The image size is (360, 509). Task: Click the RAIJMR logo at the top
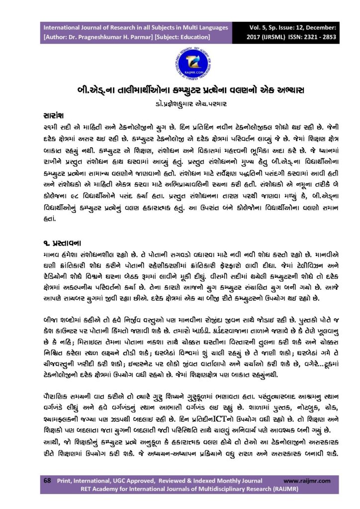coord(180,62)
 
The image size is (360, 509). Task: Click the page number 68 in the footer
coord(48,481)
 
